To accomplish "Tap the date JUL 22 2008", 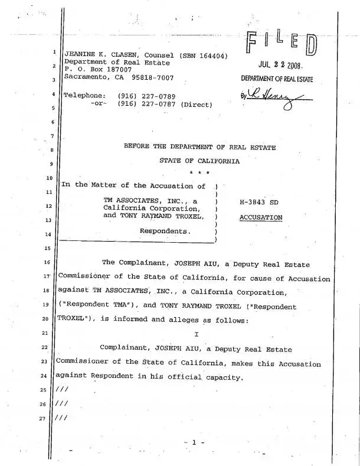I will click(x=279, y=66).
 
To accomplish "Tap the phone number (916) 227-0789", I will click(x=146, y=96).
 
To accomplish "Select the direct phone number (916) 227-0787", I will click(x=146, y=105).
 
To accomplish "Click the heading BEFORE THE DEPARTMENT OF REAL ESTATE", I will click(x=199, y=147).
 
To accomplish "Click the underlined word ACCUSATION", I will click(x=261, y=218).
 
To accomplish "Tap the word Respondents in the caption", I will click(x=165, y=230).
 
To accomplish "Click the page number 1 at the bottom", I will click(x=194, y=442).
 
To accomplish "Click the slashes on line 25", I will click(x=61, y=390).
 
